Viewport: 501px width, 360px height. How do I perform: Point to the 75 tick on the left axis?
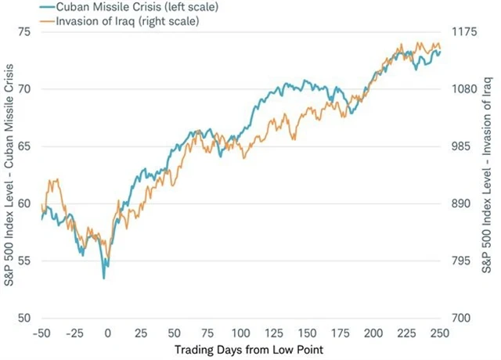click(23, 31)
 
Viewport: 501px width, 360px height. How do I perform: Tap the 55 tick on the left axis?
click(23, 261)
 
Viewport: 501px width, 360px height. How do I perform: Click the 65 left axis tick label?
click(23, 146)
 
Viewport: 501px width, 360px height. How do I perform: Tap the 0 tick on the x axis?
click(108, 331)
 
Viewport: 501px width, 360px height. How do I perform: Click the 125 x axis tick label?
click(274, 331)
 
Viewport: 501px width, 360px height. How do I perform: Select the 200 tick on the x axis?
click(373, 331)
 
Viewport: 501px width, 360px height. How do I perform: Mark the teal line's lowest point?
click(103, 278)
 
